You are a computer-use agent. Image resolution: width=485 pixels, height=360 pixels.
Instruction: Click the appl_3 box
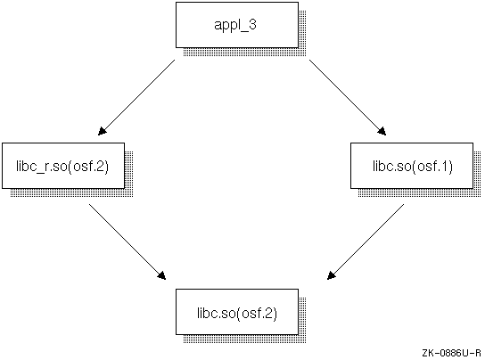coord(237,25)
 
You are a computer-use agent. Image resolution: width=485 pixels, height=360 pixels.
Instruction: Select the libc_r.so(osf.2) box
coord(63,166)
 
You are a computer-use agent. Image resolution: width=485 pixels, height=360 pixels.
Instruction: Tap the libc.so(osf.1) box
coord(412,166)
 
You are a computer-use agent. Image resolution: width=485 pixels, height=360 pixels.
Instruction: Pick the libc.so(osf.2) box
coord(237,312)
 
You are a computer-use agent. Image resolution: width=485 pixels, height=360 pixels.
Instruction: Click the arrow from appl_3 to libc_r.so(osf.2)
coord(136,97)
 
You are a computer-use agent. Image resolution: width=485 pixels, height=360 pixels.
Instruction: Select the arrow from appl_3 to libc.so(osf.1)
coord(348,97)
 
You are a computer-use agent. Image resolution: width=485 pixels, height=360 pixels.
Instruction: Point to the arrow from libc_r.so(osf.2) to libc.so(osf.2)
coord(127,241)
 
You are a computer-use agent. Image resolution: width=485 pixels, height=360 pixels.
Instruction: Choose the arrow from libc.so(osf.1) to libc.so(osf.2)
coord(366,241)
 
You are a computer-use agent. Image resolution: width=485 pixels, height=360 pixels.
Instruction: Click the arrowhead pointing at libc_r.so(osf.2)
coord(102,131)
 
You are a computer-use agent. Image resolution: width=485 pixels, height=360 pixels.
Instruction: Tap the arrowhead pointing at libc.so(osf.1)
coord(382,131)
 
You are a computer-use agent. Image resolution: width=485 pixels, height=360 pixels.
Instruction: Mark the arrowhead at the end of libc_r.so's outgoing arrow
coord(162,275)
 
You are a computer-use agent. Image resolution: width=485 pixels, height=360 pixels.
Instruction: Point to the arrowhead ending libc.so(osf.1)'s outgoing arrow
coord(332,275)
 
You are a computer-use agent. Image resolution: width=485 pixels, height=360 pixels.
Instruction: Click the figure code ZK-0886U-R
coord(452,353)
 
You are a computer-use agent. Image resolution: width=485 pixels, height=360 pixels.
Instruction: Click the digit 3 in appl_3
coord(252,24)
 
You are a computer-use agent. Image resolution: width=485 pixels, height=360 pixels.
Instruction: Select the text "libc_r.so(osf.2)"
coord(62,167)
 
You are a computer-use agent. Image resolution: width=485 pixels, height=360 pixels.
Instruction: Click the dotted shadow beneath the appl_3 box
coord(244,53)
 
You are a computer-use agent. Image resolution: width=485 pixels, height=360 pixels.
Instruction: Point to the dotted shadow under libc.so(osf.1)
coord(419,193)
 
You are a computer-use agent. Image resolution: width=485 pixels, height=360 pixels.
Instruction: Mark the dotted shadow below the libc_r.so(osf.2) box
coord(71,193)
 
